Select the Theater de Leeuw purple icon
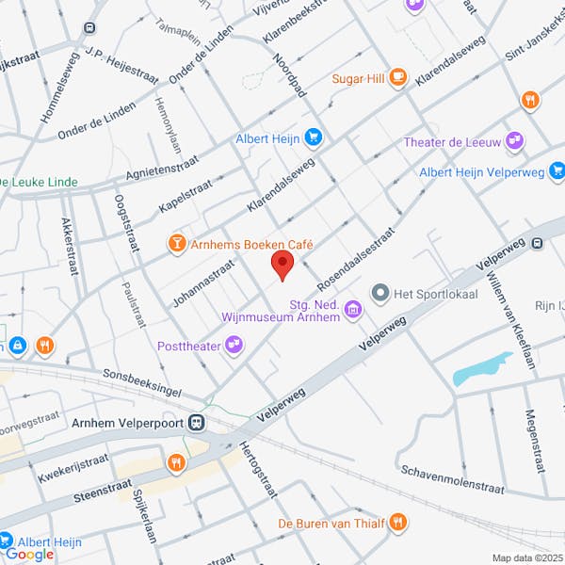[514, 142]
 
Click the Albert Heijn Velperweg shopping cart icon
[557, 171]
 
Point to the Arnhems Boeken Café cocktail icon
[176, 245]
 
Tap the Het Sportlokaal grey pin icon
[380, 295]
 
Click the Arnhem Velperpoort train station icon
[197, 423]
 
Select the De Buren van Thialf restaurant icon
[398, 522]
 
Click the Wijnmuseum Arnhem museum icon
[353, 309]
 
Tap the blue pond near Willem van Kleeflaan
[482, 370]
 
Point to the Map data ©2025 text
[526, 558]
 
